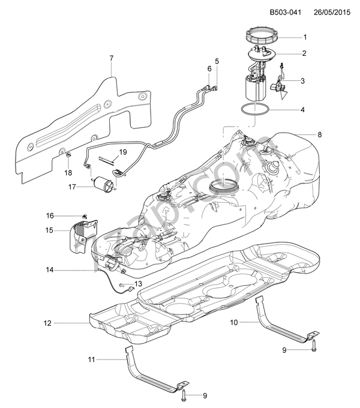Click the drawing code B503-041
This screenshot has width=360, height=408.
click(284, 12)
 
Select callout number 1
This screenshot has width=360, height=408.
click(304, 37)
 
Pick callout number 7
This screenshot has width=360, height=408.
click(112, 58)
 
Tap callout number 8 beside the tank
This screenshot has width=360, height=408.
click(319, 135)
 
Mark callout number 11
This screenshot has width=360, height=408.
click(91, 359)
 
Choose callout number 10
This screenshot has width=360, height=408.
click(234, 322)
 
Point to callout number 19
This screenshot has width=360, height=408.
click(122, 152)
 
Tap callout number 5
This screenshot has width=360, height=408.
click(217, 61)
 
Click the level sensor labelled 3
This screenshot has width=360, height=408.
click(277, 86)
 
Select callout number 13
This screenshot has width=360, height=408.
click(138, 284)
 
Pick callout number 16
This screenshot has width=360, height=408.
click(50, 215)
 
